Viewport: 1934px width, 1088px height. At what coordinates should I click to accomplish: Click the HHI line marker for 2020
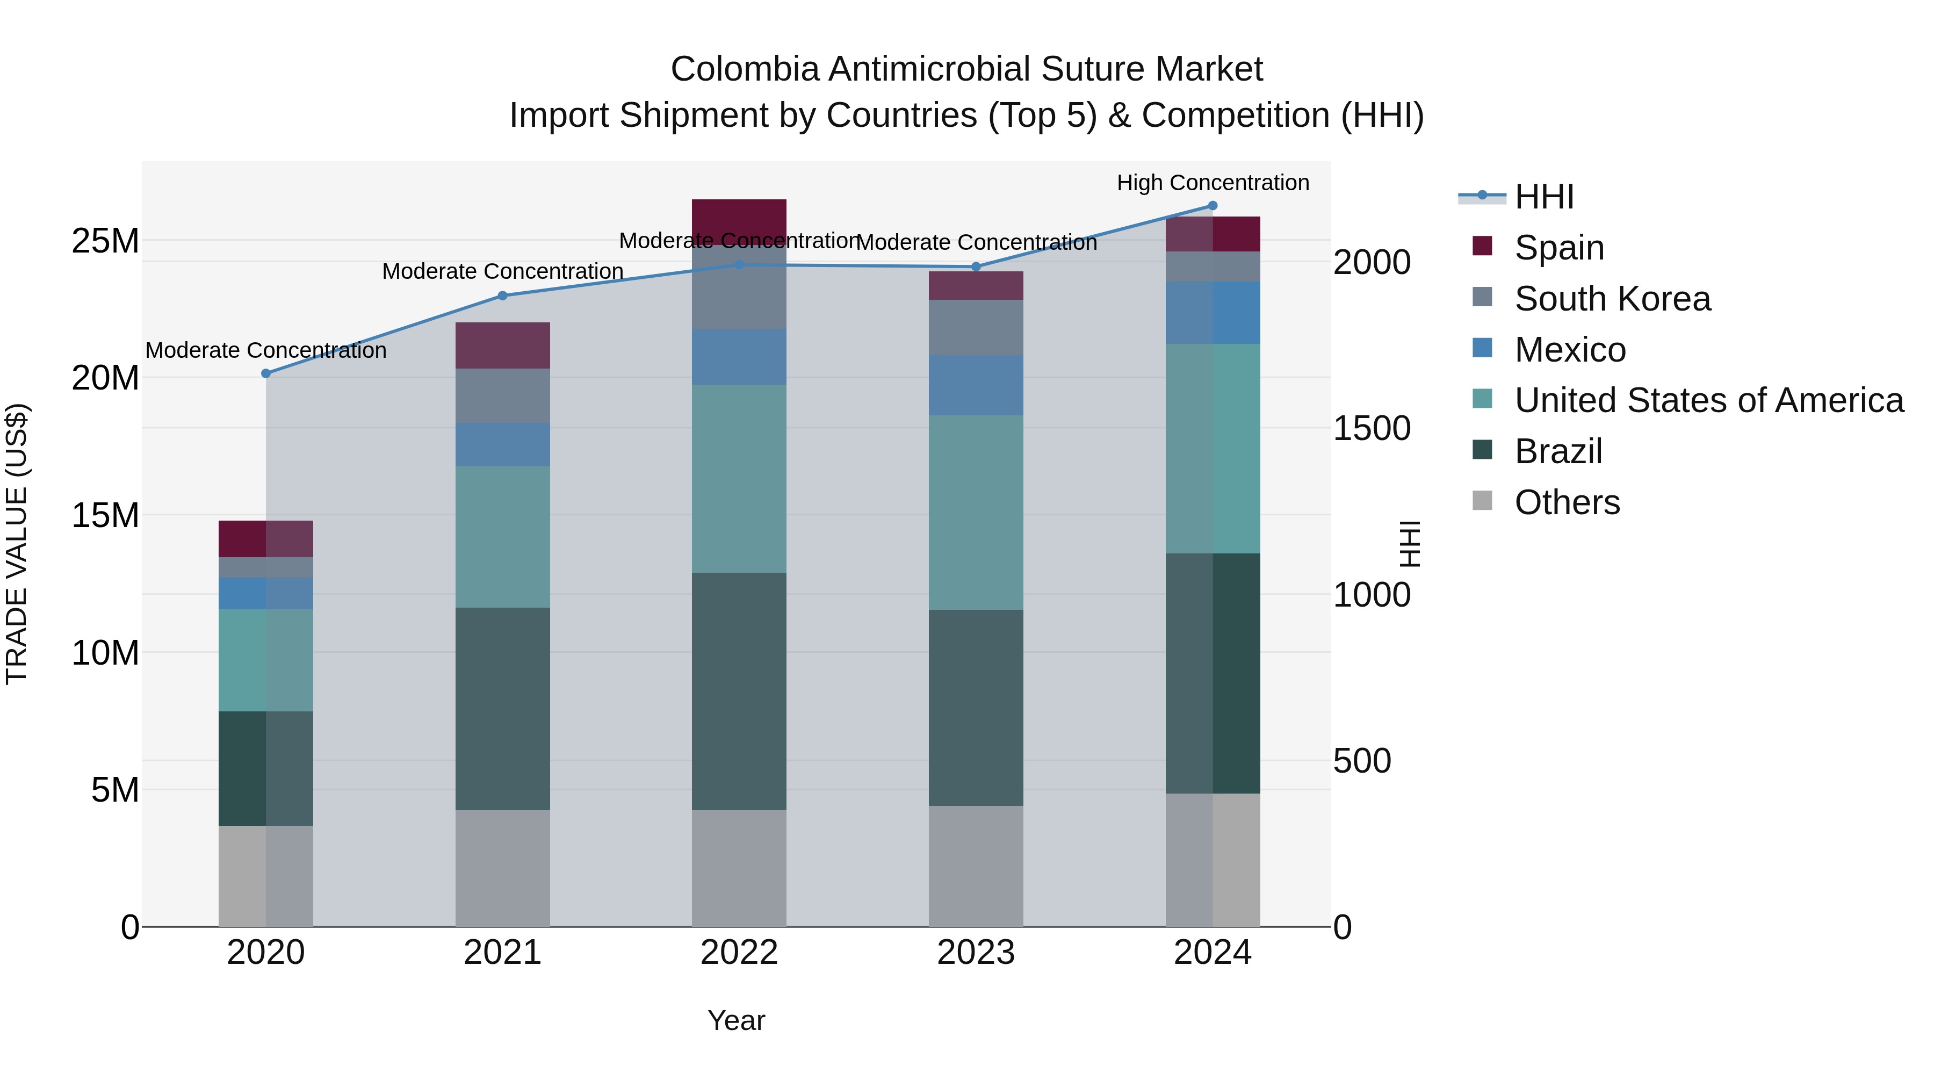266,373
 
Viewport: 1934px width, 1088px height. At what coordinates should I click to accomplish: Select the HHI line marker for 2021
503,295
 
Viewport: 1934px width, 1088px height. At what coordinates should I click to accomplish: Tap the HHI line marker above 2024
1213,206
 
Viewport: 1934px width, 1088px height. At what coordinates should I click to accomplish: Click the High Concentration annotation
1213,183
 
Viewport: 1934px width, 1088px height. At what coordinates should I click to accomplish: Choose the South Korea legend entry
1612,299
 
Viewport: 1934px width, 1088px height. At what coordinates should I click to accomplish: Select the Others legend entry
1567,502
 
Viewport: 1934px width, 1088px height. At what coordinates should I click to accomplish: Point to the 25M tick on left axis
106,241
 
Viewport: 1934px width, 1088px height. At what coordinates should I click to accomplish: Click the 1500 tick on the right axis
1372,429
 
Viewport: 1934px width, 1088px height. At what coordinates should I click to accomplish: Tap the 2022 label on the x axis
739,953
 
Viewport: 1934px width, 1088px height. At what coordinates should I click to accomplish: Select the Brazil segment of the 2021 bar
503,708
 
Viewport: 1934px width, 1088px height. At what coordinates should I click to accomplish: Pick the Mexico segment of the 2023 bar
976,385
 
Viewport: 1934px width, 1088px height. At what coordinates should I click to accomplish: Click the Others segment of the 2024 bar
1213,860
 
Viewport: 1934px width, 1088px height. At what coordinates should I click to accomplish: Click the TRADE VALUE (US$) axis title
17,544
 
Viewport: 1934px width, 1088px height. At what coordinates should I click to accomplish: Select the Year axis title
736,1020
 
